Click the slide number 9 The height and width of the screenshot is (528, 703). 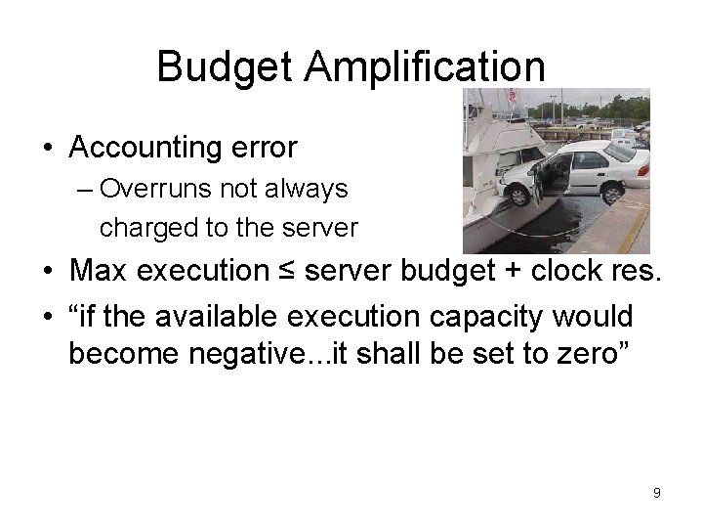(657, 493)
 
